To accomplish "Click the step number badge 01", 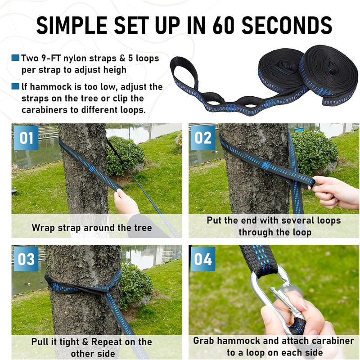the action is tap(26, 138).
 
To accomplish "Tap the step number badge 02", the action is tap(203, 138).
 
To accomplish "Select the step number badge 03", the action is tap(26, 259).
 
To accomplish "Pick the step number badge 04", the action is tap(203, 259).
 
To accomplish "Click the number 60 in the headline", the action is tap(223, 26).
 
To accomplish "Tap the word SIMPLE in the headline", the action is tap(72, 26).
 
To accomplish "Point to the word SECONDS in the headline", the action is tap(287, 26).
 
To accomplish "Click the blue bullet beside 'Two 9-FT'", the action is tap(15, 58).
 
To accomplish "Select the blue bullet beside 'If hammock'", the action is tap(15, 86).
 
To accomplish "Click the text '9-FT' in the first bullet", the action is tap(51, 58).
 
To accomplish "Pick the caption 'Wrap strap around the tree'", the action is tap(92, 228).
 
